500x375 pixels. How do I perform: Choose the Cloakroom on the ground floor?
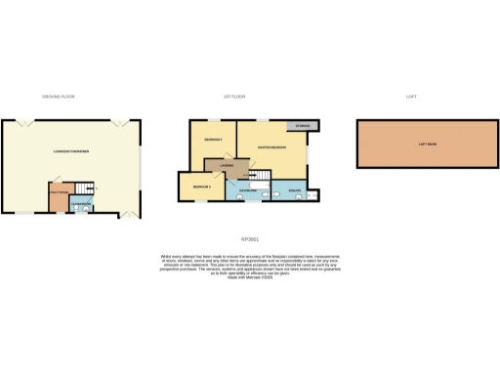(x=82, y=204)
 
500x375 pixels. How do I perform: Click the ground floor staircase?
(x=87, y=188)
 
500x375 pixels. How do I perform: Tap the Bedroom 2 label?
(x=215, y=141)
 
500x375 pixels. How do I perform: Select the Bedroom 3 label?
(x=201, y=185)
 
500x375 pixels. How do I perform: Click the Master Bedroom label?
(x=271, y=147)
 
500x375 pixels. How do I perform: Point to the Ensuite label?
(x=294, y=190)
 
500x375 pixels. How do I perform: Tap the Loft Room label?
(x=427, y=144)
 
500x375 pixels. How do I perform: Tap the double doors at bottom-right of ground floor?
(x=125, y=215)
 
